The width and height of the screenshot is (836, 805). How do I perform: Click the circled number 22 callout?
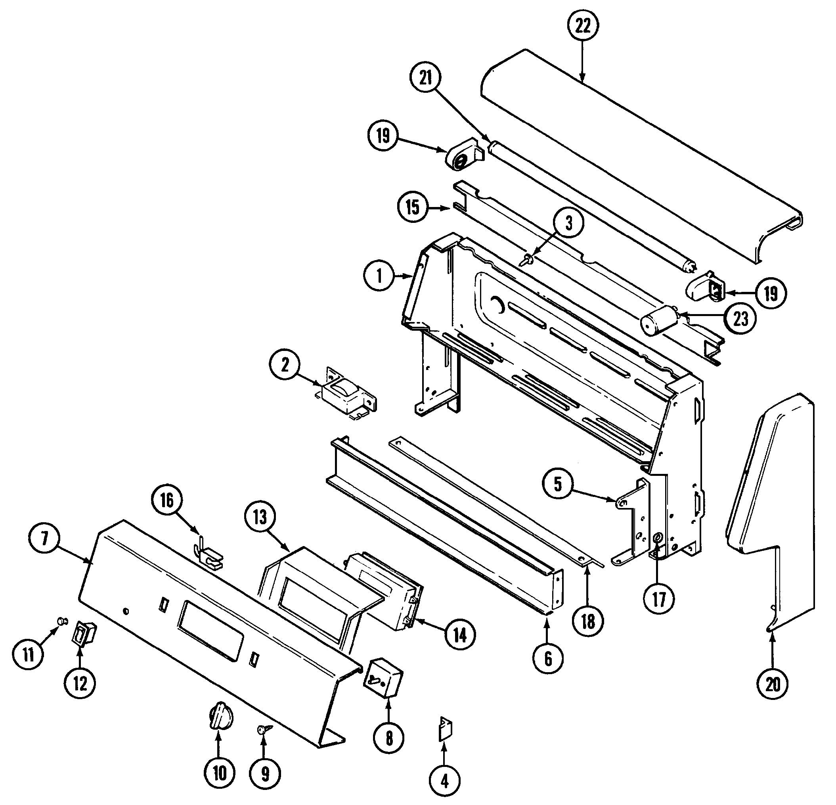point(583,27)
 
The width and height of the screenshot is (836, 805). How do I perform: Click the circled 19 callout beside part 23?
point(771,293)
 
